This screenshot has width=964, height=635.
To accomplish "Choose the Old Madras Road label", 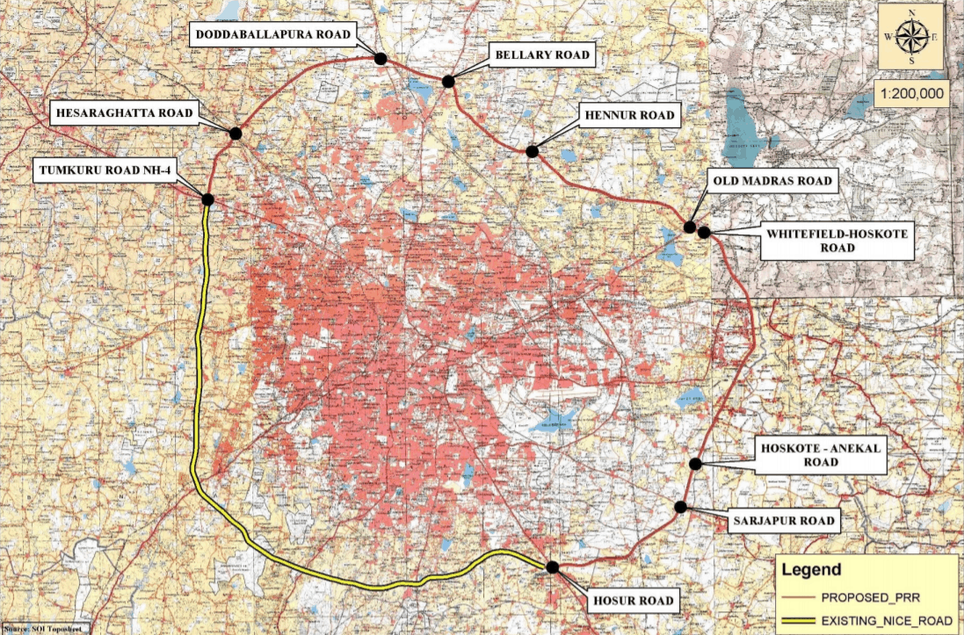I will tap(770, 181).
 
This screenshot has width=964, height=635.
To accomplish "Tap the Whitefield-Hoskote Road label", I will tap(837, 242).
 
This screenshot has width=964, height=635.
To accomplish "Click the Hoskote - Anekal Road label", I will tap(819, 455).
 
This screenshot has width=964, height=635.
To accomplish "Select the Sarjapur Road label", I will tap(781, 521).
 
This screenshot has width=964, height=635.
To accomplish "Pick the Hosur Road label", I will tap(633, 602).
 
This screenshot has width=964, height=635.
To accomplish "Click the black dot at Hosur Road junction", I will tap(552, 567).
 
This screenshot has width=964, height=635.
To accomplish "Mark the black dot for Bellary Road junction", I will tap(448, 81).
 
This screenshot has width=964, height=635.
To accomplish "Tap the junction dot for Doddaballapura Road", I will tap(381, 59).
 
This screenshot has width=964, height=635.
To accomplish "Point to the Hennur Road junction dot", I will tap(532, 151).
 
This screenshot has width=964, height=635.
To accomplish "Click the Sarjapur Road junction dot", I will tap(681, 507).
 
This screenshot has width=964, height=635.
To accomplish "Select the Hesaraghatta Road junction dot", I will tap(235, 133).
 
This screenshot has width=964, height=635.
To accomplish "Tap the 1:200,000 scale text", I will tap(910, 91).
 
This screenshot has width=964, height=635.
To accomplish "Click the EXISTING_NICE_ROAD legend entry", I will tap(884, 621).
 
